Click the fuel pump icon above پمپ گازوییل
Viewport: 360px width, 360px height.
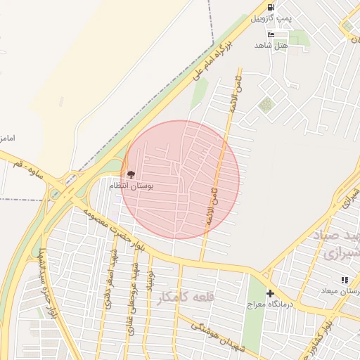(271, 7)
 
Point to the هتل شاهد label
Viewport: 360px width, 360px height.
(271, 44)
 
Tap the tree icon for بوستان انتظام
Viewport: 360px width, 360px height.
(131, 174)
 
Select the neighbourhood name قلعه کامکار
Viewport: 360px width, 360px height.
(186, 297)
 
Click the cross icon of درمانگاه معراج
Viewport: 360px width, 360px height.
(270, 292)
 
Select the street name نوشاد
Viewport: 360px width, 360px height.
(148, 280)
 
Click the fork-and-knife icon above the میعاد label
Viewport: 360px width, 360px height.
(344, 280)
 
